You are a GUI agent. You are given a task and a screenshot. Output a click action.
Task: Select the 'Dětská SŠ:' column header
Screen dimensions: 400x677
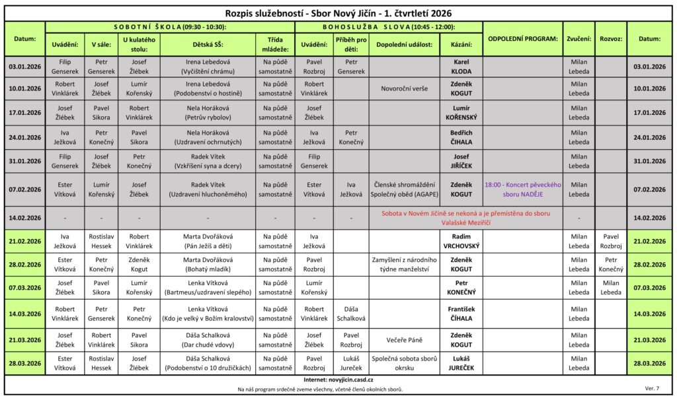(208, 44)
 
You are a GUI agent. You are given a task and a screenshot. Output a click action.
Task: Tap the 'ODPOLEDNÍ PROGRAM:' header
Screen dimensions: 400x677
(522, 39)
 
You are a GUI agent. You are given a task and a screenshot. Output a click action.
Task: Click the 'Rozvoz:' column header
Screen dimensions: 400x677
(610, 39)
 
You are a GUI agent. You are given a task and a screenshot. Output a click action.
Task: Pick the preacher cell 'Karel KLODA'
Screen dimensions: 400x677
(461, 66)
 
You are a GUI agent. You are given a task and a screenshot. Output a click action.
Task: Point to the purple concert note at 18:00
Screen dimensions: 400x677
(522, 189)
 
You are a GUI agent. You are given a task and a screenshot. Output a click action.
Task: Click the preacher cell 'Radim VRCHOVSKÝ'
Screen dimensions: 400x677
(461, 241)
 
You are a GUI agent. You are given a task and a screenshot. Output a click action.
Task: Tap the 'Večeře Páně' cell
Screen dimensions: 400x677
(404, 340)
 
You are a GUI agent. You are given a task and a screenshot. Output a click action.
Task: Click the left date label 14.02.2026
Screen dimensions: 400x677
(25, 218)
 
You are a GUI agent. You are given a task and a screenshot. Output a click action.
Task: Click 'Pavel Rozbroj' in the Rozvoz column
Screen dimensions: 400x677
(610, 241)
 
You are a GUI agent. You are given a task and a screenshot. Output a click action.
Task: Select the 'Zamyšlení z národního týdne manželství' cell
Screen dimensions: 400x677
(404, 265)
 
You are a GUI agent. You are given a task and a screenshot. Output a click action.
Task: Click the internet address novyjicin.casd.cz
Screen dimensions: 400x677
(338, 380)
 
